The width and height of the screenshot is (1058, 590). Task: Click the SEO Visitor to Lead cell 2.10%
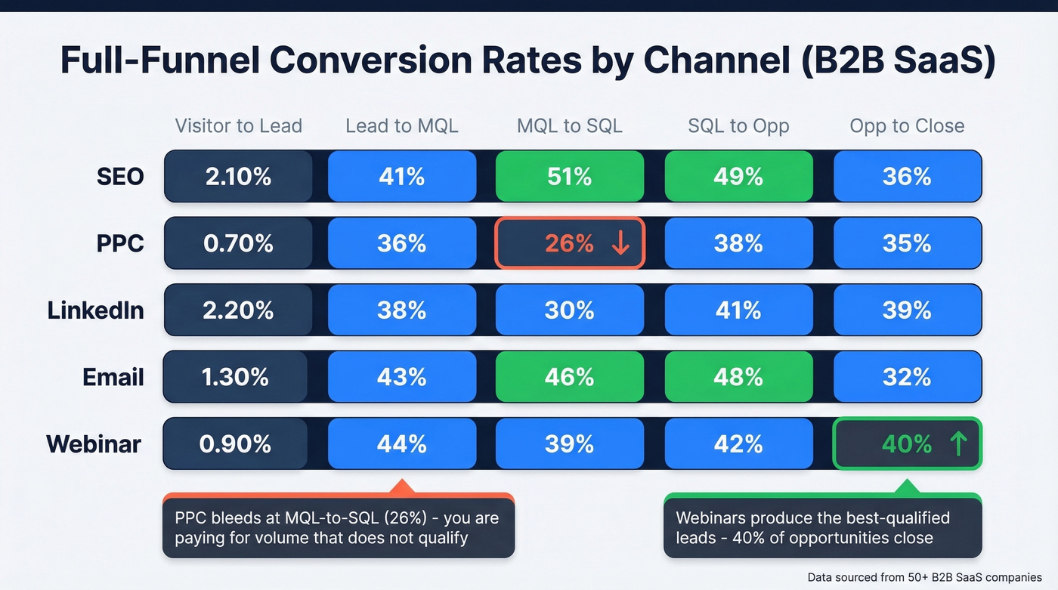[x=238, y=177]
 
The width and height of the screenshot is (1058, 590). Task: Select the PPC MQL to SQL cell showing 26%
[x=570, y=243]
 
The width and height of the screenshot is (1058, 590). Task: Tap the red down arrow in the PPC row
[x=620, y=243]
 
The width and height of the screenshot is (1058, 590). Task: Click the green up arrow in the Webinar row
[x=957, y=444]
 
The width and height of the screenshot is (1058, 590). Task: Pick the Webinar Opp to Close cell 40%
[x=907, y=444]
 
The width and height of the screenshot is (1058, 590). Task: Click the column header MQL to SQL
[x=570, y=125]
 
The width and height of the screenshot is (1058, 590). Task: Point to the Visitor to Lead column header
[x=238, y=125]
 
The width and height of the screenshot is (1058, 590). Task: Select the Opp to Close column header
[x=907, y=125]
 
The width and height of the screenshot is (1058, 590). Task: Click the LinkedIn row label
[x=95, y=310]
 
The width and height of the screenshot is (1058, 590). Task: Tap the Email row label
[x=113, y=376]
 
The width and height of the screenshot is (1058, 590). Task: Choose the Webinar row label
[x=94, y=443]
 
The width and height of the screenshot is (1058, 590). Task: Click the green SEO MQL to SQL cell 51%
[x=570, y=177]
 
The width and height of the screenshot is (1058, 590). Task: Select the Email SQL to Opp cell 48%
[x=738, y=376]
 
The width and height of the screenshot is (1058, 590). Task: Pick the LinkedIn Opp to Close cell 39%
[x=907, y=310]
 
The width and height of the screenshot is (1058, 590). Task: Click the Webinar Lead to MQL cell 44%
[x=401, y=444]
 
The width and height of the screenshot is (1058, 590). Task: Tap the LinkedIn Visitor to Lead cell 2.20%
[x=238, y=310]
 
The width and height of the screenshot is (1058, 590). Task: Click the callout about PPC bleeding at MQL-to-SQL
[x=338, y=528]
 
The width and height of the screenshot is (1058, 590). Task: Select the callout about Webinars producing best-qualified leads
[x=822, y=528]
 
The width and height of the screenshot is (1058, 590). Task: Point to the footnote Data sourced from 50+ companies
[x=924, y=577]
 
